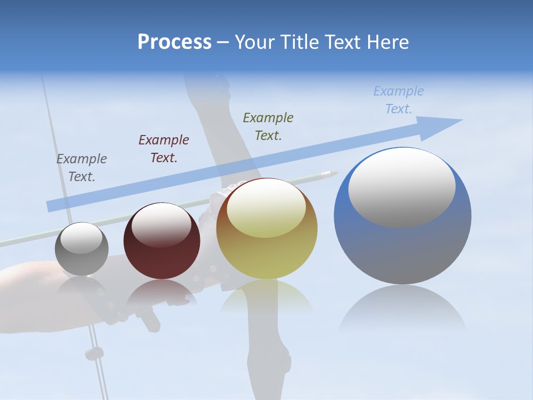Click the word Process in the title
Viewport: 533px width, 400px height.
click(x=174, y=42)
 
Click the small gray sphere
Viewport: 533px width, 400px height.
click(x=82, y=249)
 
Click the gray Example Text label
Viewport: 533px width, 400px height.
click(x=82, y=168)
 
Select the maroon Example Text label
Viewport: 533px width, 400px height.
click(x=164, y=149)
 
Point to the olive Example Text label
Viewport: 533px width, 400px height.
click(x=268, y=127)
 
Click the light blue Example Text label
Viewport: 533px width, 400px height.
click(x=399, y=100)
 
